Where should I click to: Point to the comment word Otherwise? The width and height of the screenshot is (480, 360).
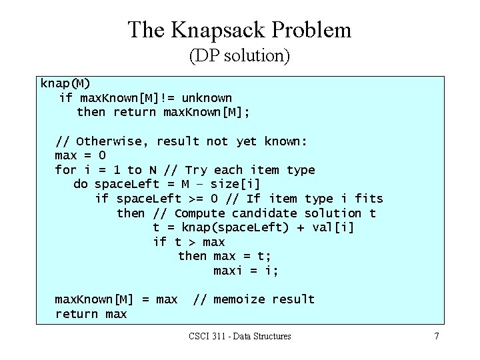pos(113,141)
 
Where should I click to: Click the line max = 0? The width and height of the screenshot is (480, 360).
pos(80,155)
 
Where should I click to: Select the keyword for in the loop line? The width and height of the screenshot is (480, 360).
pos(65,170)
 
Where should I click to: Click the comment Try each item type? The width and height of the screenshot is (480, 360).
pos(250,170)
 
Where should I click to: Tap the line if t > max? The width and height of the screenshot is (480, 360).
pos(189,242)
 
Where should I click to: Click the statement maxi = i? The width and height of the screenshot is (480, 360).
pos(246,271)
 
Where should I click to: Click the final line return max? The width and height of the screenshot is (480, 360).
pos(91,314)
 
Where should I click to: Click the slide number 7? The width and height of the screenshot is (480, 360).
pos(437,337)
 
